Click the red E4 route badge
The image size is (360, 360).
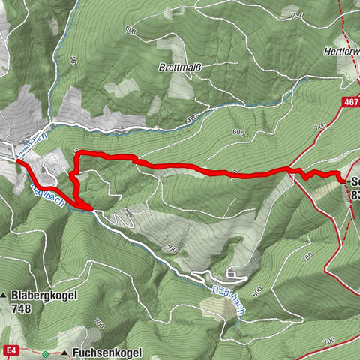tap(9, 349)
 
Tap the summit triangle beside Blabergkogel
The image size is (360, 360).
tap(5, 296)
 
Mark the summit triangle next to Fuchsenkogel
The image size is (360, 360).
tap(65, 351)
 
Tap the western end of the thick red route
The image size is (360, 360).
tap(17, 160)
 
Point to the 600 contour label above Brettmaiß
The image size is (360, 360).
tap(131, 31)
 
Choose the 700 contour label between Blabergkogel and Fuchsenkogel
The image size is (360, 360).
tap(98, 322)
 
